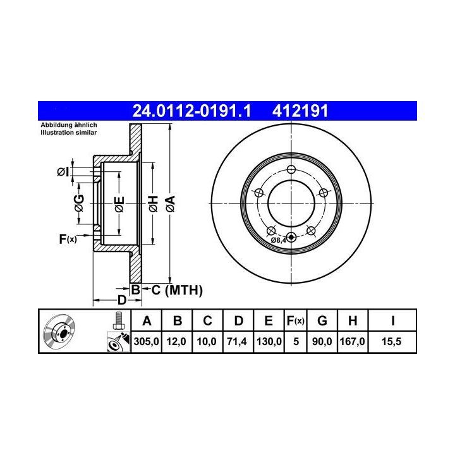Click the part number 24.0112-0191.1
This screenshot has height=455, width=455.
click(191, 111)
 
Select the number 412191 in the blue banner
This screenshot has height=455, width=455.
click(300, 111)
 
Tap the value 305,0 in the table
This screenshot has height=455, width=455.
click(146, 341)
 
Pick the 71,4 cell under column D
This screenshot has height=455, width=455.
click(237, 341)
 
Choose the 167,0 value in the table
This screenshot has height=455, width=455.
click(352, 341)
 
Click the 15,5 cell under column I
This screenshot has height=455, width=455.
click(391, 341)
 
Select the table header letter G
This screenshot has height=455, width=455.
click(322, 320)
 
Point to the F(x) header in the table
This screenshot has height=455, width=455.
click(295, 320)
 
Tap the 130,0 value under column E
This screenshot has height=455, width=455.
click(269, 341)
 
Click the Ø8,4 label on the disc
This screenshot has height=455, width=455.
click(279, 240)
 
